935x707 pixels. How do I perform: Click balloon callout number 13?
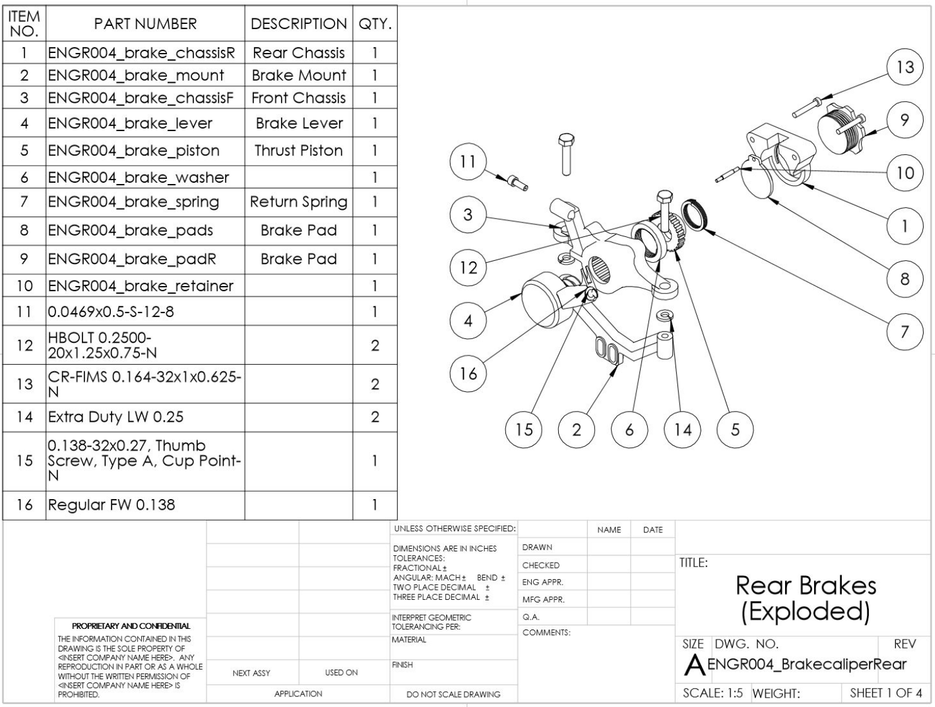point(905,67)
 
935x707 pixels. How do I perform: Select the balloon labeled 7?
point(905,332)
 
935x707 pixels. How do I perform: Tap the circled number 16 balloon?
point(468,374)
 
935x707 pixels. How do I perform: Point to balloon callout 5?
point(735,429)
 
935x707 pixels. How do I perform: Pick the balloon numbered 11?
point(468,161)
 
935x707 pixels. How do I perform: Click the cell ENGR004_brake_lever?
point(130,123)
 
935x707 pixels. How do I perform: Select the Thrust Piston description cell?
point(299,151)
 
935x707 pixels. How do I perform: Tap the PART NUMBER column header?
point(146,24)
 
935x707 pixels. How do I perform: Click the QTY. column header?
point(375,24)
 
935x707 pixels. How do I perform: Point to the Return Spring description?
point(299,202)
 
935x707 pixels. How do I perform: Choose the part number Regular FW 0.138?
point(111,505)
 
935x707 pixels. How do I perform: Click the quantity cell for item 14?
point(375,417)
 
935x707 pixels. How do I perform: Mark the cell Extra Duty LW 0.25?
point(115,417)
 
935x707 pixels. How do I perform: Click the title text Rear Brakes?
point(805,585)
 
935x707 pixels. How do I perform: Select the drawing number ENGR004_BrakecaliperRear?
point(807,664)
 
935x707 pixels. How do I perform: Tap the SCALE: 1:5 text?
point(713,693)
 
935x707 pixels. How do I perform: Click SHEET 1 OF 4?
point(886,693)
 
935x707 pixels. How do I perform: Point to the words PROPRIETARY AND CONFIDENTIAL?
point(131,626)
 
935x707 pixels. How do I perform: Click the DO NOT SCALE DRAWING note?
point(453,694)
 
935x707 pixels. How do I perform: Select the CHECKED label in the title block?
point(541,565)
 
